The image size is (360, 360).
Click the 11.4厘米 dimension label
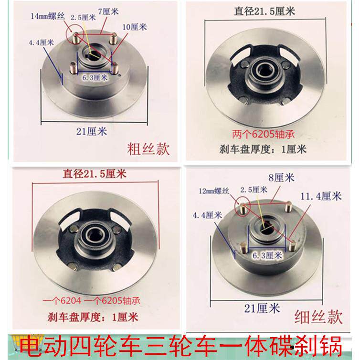pyautogui.click(x=321, y=196)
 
